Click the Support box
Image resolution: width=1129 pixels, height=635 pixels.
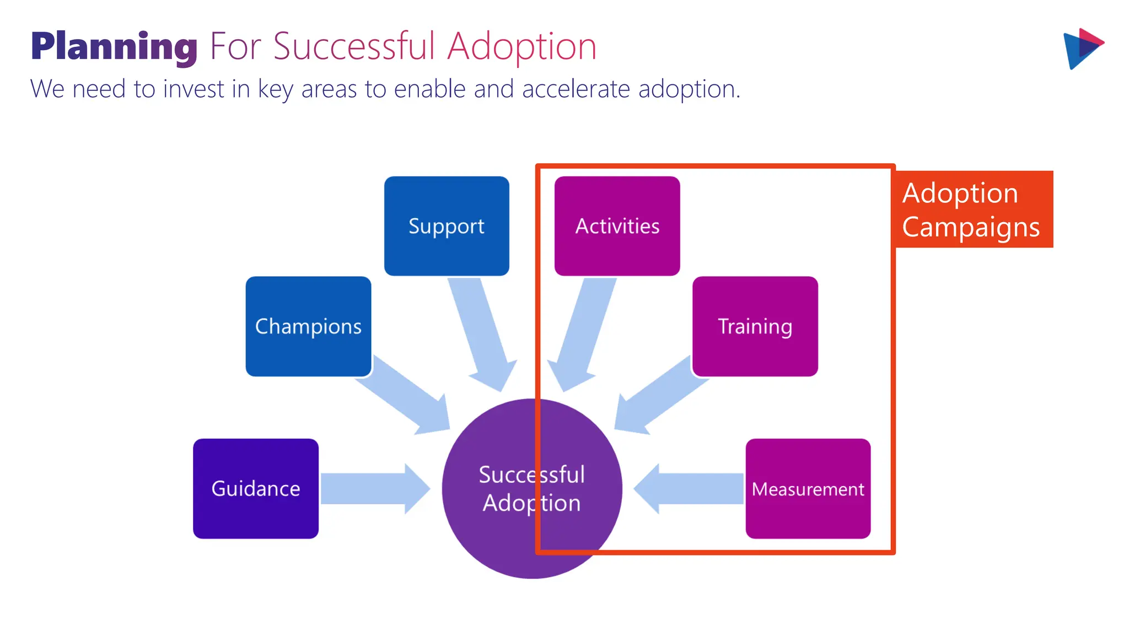click(447, 226)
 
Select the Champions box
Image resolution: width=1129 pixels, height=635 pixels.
click(308, 326)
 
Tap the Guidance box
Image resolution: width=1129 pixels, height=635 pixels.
click(256, 488)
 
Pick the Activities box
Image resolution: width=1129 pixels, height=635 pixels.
click(617, 226)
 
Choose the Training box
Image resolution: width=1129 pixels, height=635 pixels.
click(755, 326)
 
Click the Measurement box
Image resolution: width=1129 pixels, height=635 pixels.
click(808, 488)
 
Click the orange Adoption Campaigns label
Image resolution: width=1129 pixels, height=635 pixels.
click(974, 209)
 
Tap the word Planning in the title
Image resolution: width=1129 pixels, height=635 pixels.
click(114, 47)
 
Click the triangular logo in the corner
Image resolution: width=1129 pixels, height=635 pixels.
click(1082, 49)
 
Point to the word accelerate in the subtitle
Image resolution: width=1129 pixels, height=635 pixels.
click(576, 89)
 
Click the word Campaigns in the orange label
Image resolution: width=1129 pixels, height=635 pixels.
click(971, 227)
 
